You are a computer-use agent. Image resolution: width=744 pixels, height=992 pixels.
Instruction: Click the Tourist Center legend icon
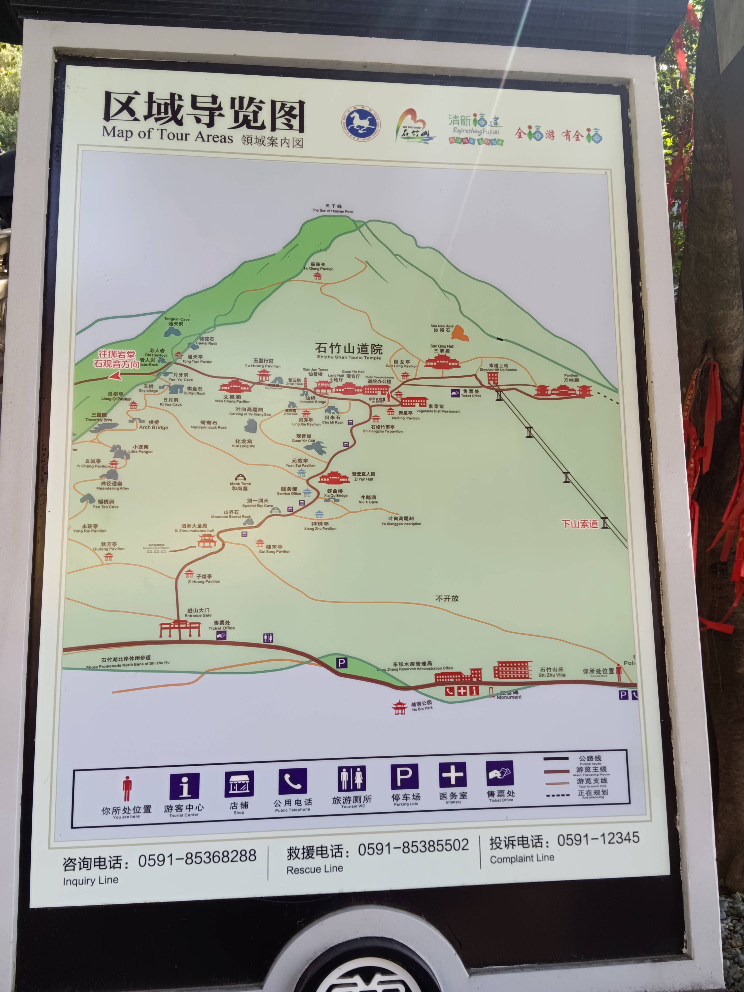point(184,786)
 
